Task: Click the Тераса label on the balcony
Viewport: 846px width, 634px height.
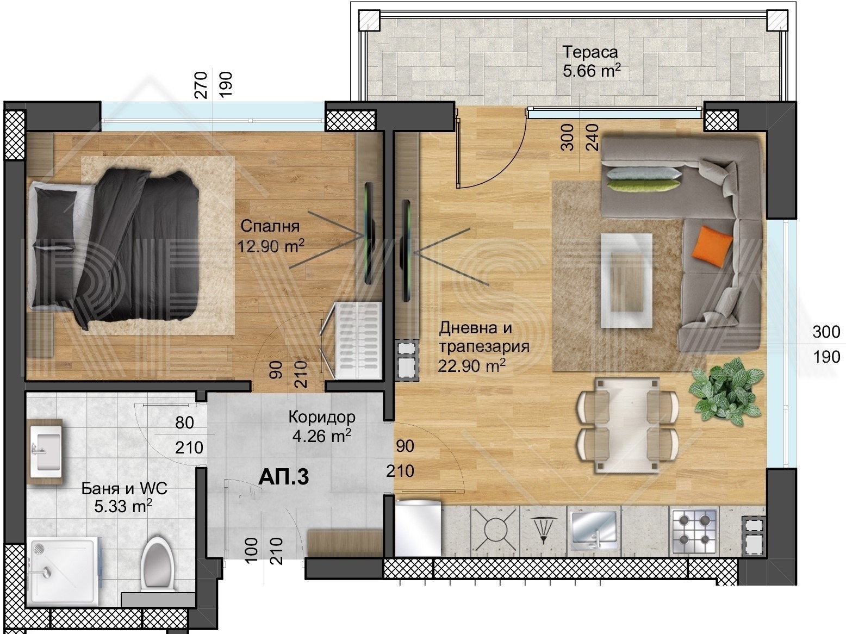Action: point(590,52)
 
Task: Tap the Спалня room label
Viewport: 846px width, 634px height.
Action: point(270,226)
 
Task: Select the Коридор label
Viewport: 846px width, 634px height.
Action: point(321,417)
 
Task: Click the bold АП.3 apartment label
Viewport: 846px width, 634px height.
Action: point(284,477)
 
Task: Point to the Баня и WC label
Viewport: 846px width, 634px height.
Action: point(125,488)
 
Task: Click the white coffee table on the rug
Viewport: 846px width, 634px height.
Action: point(626,280)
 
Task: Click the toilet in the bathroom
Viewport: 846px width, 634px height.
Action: point(158,563)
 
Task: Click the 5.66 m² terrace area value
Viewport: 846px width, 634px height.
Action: point(592,71)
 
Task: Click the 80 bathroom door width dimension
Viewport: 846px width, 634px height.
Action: point(185,422)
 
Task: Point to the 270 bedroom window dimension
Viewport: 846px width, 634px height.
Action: point(201,85)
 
